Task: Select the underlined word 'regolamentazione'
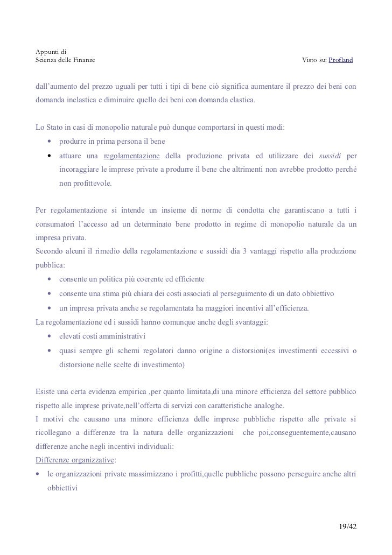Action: pyautogui.click(x=131, y=156)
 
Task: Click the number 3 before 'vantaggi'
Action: pyautogui.click(x=244, y=252)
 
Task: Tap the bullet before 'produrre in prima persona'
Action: pyautogui.click(x=49, y=142)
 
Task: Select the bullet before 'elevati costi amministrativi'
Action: pyautogui.click(x=49, y=337)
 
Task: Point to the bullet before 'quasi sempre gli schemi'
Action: pyautogui.click(x=49, y=351)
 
